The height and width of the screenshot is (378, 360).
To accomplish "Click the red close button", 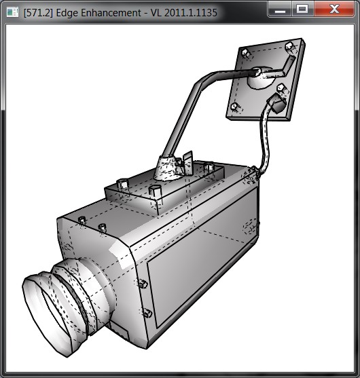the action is [334, 9].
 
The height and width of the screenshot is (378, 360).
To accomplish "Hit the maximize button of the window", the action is [302, 9].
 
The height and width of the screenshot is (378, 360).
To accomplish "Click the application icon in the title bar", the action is [12, 12].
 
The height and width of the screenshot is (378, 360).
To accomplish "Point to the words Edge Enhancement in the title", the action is [98, 13].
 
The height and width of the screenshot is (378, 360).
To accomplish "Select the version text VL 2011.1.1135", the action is [184, 13].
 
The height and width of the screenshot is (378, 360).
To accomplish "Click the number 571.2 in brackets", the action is [38, 13].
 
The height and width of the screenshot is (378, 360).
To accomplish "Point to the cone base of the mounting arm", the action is [168, 168].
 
